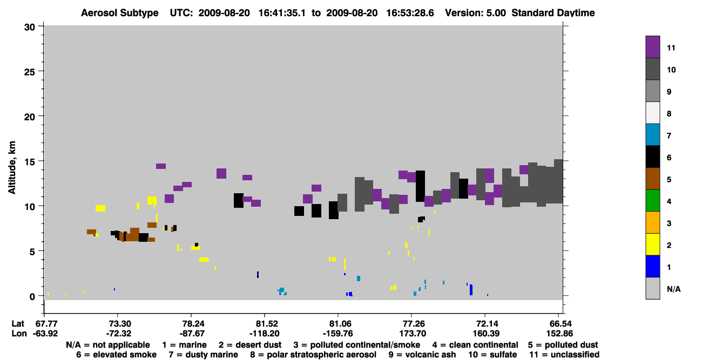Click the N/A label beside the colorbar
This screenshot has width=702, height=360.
click(x=673, y=289)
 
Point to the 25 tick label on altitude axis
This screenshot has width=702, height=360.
click(x=30, y=72)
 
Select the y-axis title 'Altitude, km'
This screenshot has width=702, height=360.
click(x=12, y=167)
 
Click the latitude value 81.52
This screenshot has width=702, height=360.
click(x=265, y=324)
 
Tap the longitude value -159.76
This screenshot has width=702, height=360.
click(x=338, y=334)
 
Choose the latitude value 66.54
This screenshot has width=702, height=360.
click(x=558, y=324)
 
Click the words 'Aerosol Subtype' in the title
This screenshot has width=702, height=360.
click(x=120, y=13)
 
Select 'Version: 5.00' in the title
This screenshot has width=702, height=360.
click(x=475, y=13)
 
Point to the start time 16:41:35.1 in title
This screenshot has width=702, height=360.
click(x=282, y=13)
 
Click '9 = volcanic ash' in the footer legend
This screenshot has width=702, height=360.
click(x=422, y=355)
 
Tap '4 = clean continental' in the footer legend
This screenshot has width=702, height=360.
click(x=475, y=345)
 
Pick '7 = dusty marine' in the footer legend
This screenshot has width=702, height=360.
click(x=203, y=355)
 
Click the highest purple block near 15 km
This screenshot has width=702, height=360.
click(x=161, y=166)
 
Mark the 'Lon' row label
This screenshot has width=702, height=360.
click(x=19, y=334)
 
